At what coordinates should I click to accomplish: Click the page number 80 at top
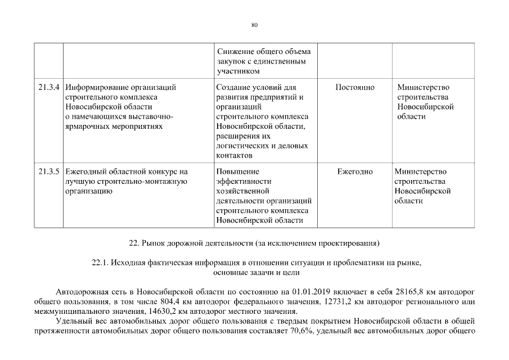(x=254, y=25)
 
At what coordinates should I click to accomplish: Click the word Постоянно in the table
(x=355, y=88)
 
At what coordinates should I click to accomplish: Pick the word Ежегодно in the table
(x=355, y=172)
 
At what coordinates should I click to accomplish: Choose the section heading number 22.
(x=134, y=243)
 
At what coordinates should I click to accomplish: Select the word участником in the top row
(x=238, y=71)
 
